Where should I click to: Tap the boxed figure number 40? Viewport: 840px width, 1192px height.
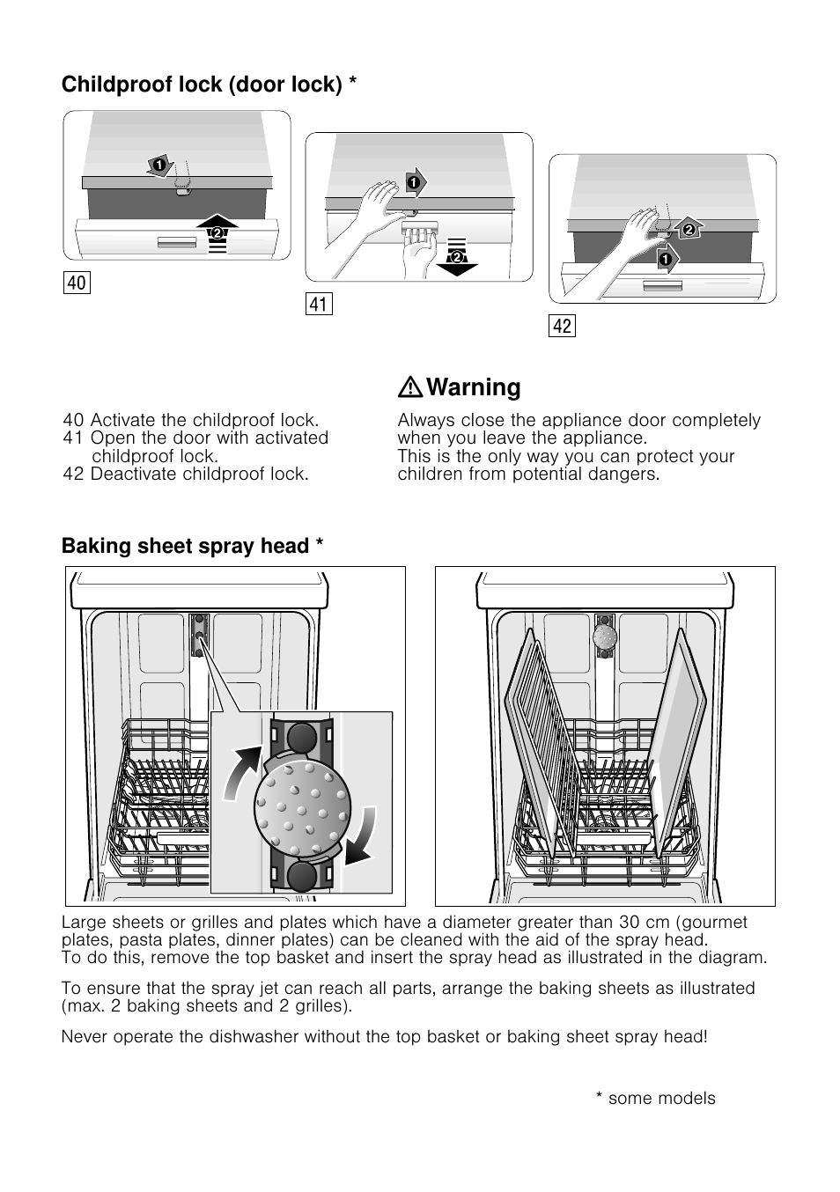point(77,282)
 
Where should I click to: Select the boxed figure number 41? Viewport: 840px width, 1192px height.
point(319,305)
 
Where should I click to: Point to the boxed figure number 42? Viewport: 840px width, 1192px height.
point(562,326)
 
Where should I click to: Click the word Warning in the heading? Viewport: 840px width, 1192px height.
point(473,387)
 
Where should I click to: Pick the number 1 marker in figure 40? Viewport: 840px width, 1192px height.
point(159,165)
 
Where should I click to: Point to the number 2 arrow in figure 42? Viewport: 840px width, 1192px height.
point(689,230)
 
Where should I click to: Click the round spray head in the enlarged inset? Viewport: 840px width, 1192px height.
point(302,802)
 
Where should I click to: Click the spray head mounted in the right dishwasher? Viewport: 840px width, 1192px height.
point(604,636)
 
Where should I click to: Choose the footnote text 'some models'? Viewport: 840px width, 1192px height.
point(661,1098)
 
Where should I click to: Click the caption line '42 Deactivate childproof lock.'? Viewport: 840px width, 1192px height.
point(186,474)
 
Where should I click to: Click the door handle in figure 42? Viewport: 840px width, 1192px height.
point(662,286)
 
